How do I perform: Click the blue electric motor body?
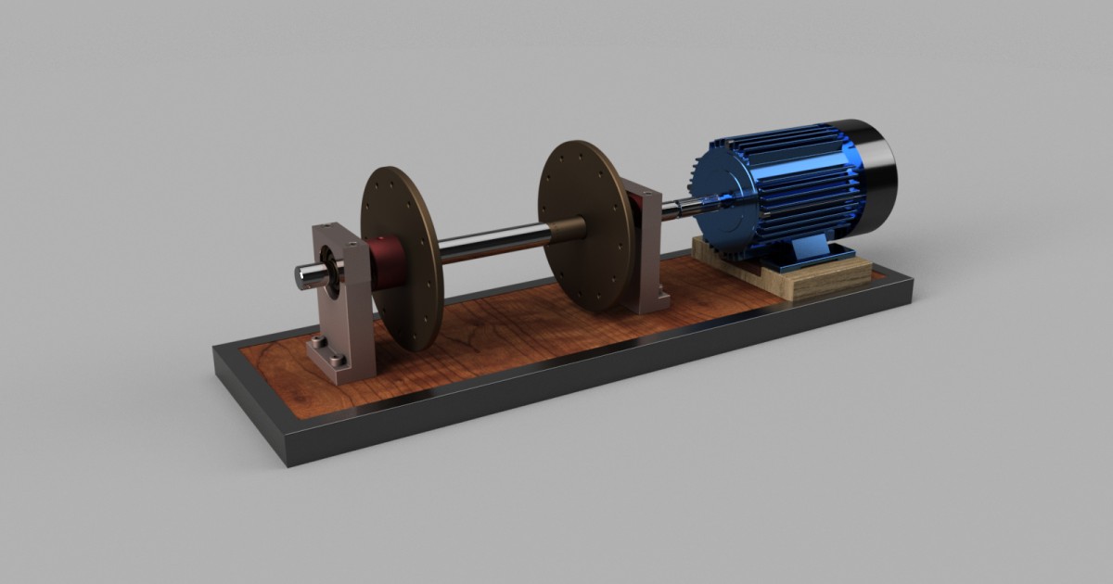[x=788, y=185]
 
